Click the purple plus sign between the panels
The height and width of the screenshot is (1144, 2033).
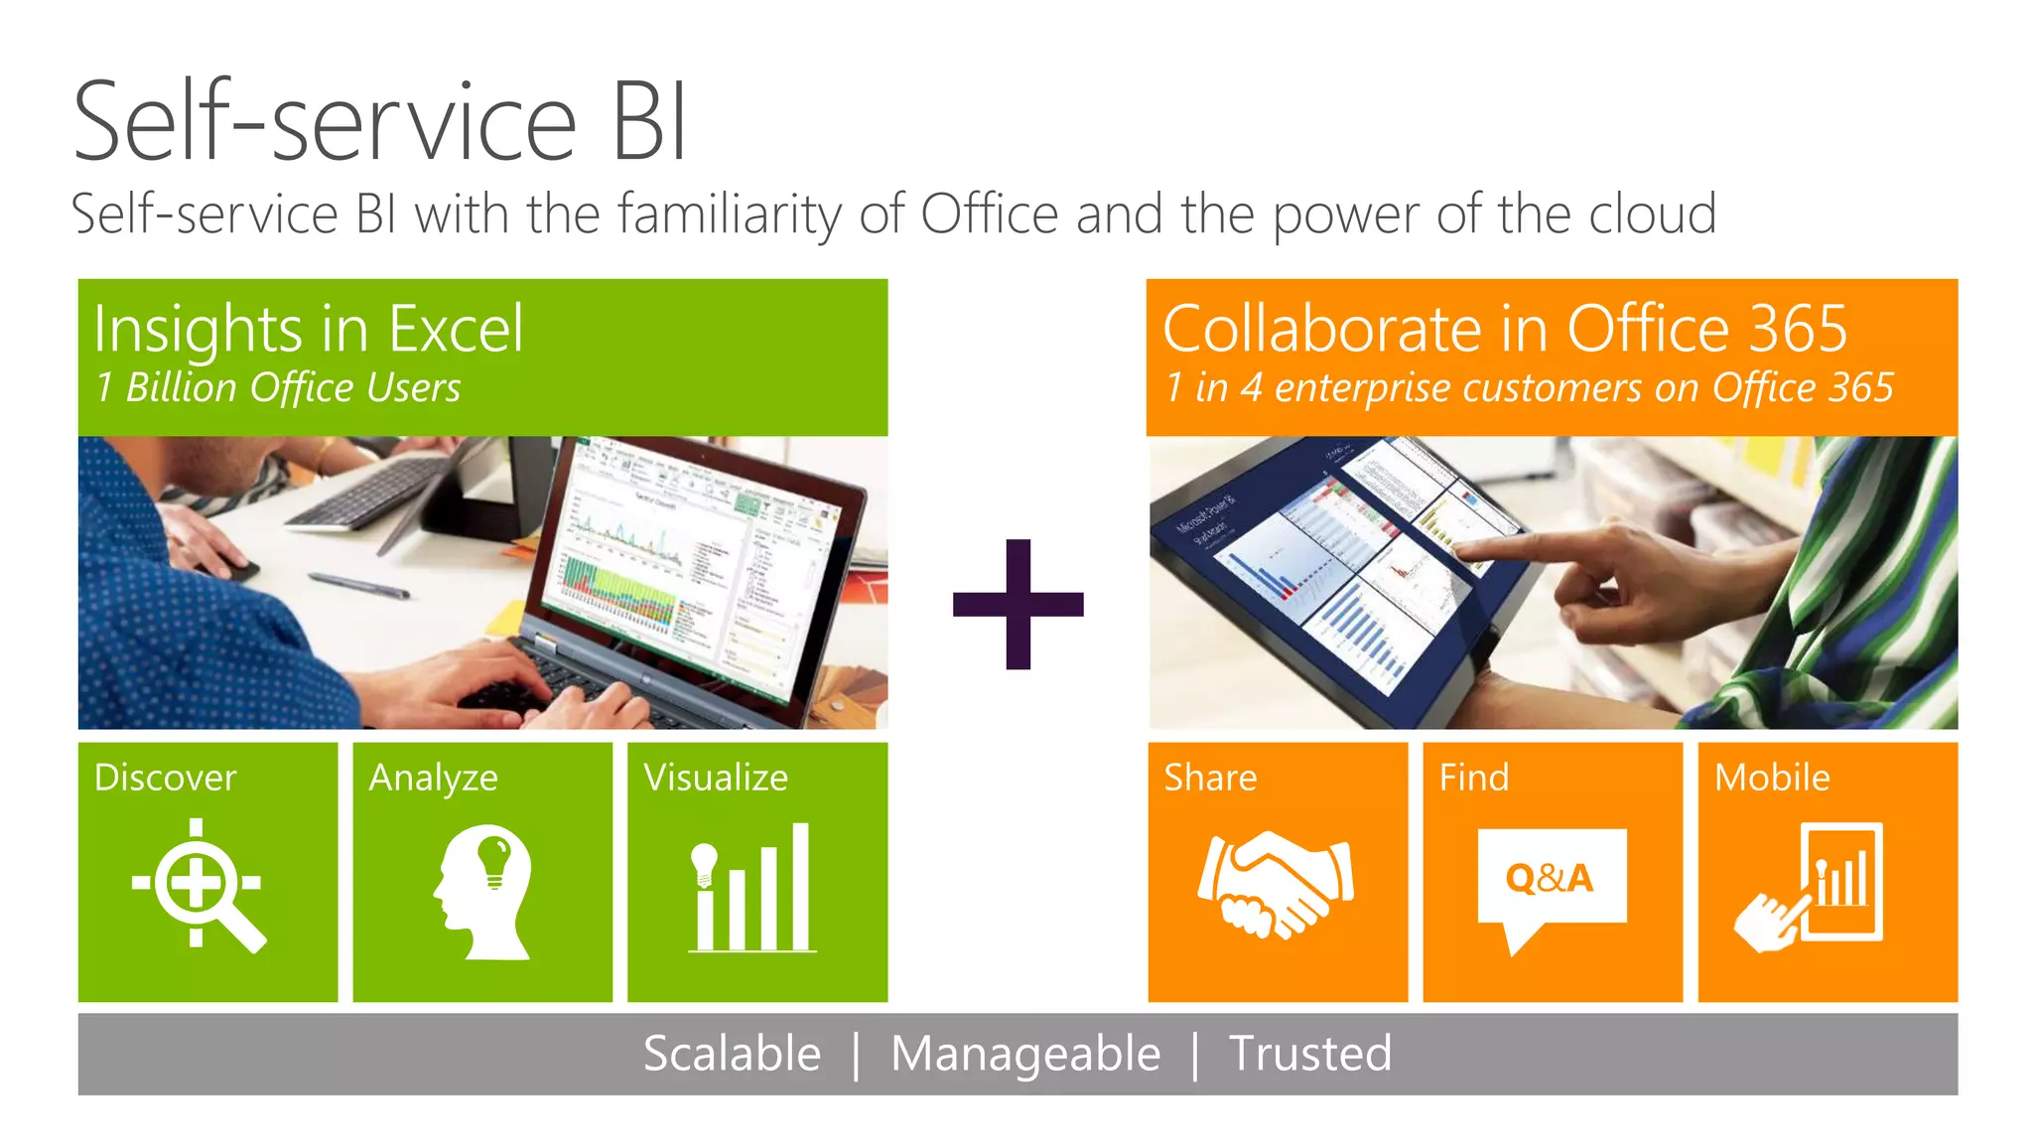(x=1017, y=604)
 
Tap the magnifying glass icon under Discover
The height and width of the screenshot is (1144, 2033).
(x=198, y=883)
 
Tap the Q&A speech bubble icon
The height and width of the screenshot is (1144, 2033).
(x=1551, y=880)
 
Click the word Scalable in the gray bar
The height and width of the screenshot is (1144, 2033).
(x=732, y=1054)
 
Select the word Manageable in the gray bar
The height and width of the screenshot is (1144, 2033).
(x=1025, y=1054)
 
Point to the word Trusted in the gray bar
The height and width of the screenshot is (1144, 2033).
(x=1309, y=1054)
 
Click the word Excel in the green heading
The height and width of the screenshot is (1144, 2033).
(x=456, y=330)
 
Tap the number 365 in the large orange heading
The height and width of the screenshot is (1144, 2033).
(x=1798, y=329)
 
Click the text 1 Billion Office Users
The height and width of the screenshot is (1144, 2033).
(x=279, y=388)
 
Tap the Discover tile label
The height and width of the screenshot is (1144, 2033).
(x=165, y=778)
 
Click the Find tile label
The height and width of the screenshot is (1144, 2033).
(x=1474, y=778)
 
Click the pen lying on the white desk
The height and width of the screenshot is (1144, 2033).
(x=358, y=585)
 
